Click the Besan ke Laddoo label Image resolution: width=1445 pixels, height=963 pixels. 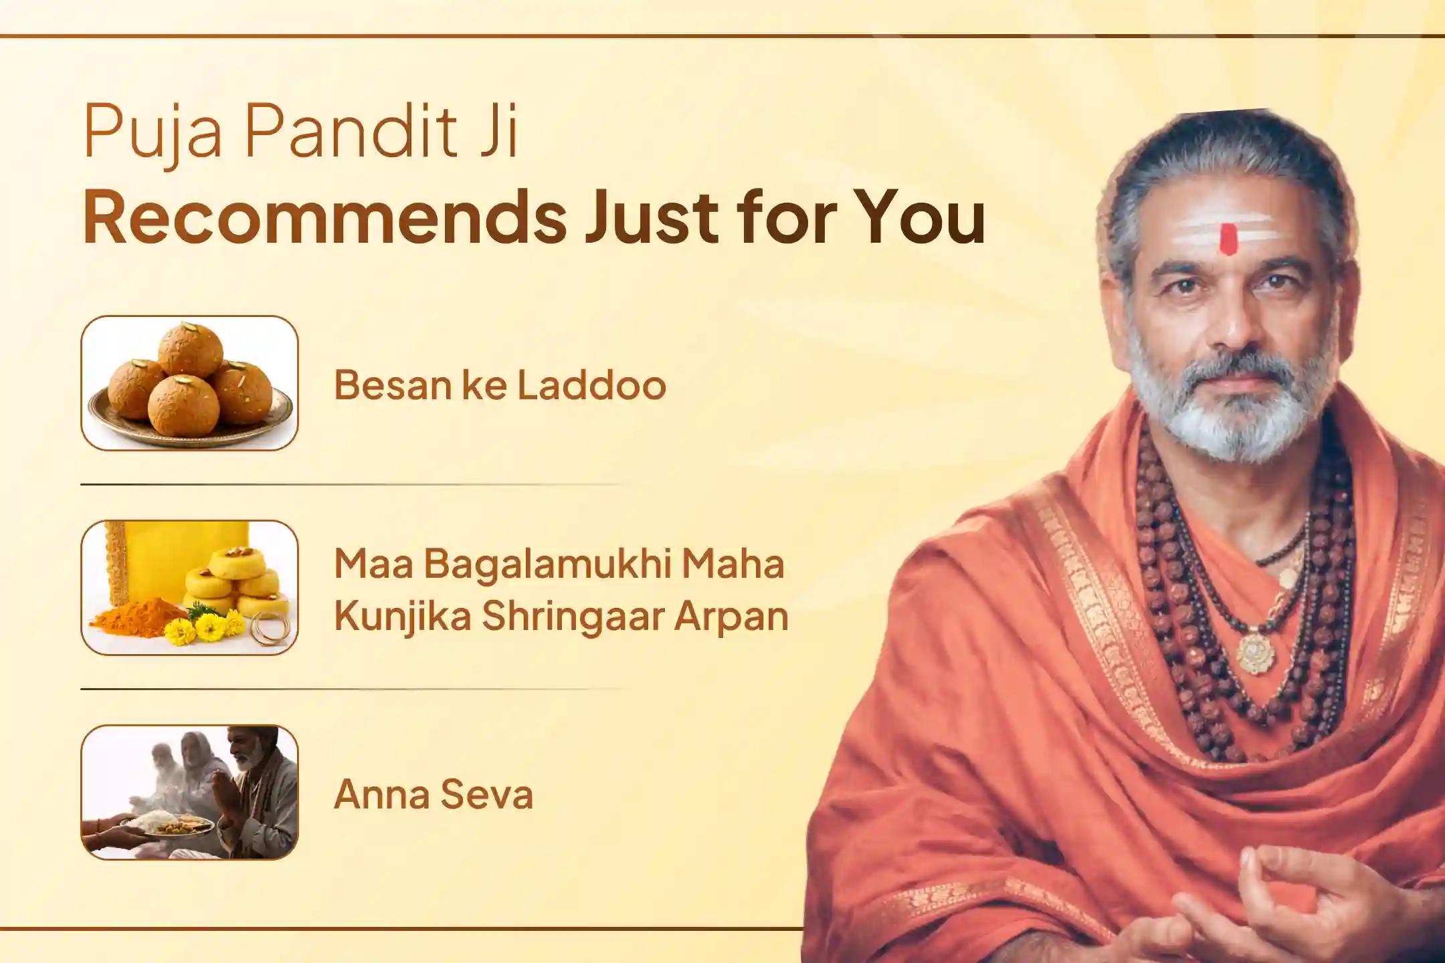500,385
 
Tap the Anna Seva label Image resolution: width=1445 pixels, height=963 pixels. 433,794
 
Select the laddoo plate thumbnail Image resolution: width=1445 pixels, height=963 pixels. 189,383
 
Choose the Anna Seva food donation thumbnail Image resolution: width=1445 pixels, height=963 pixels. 189,792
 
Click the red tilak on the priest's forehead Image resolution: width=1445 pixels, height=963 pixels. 1227,239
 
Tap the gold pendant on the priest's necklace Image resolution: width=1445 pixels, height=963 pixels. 1256,651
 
